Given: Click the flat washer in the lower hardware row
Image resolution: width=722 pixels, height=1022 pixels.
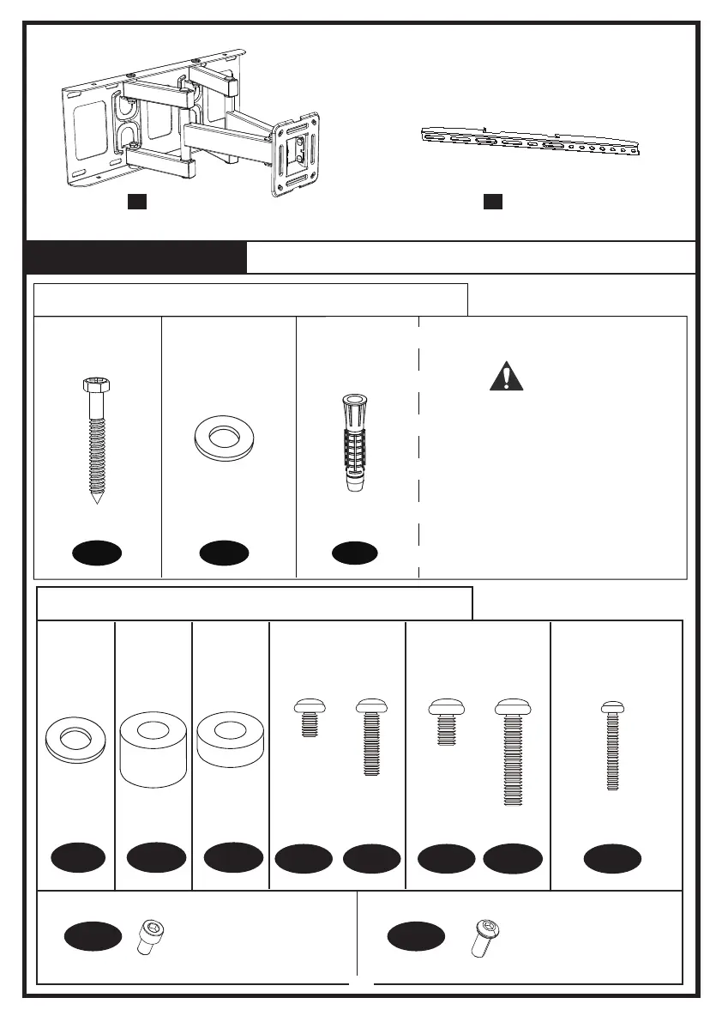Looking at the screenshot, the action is pos(75,741).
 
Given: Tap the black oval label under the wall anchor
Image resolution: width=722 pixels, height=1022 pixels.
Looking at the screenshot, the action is pos(354,553).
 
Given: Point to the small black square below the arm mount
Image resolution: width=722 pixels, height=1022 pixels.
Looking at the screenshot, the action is pos(137,202).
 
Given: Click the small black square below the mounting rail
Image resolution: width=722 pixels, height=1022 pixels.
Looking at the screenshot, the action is pos(492,202).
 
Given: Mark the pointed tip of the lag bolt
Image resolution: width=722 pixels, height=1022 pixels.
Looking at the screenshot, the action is pos(99,499).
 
